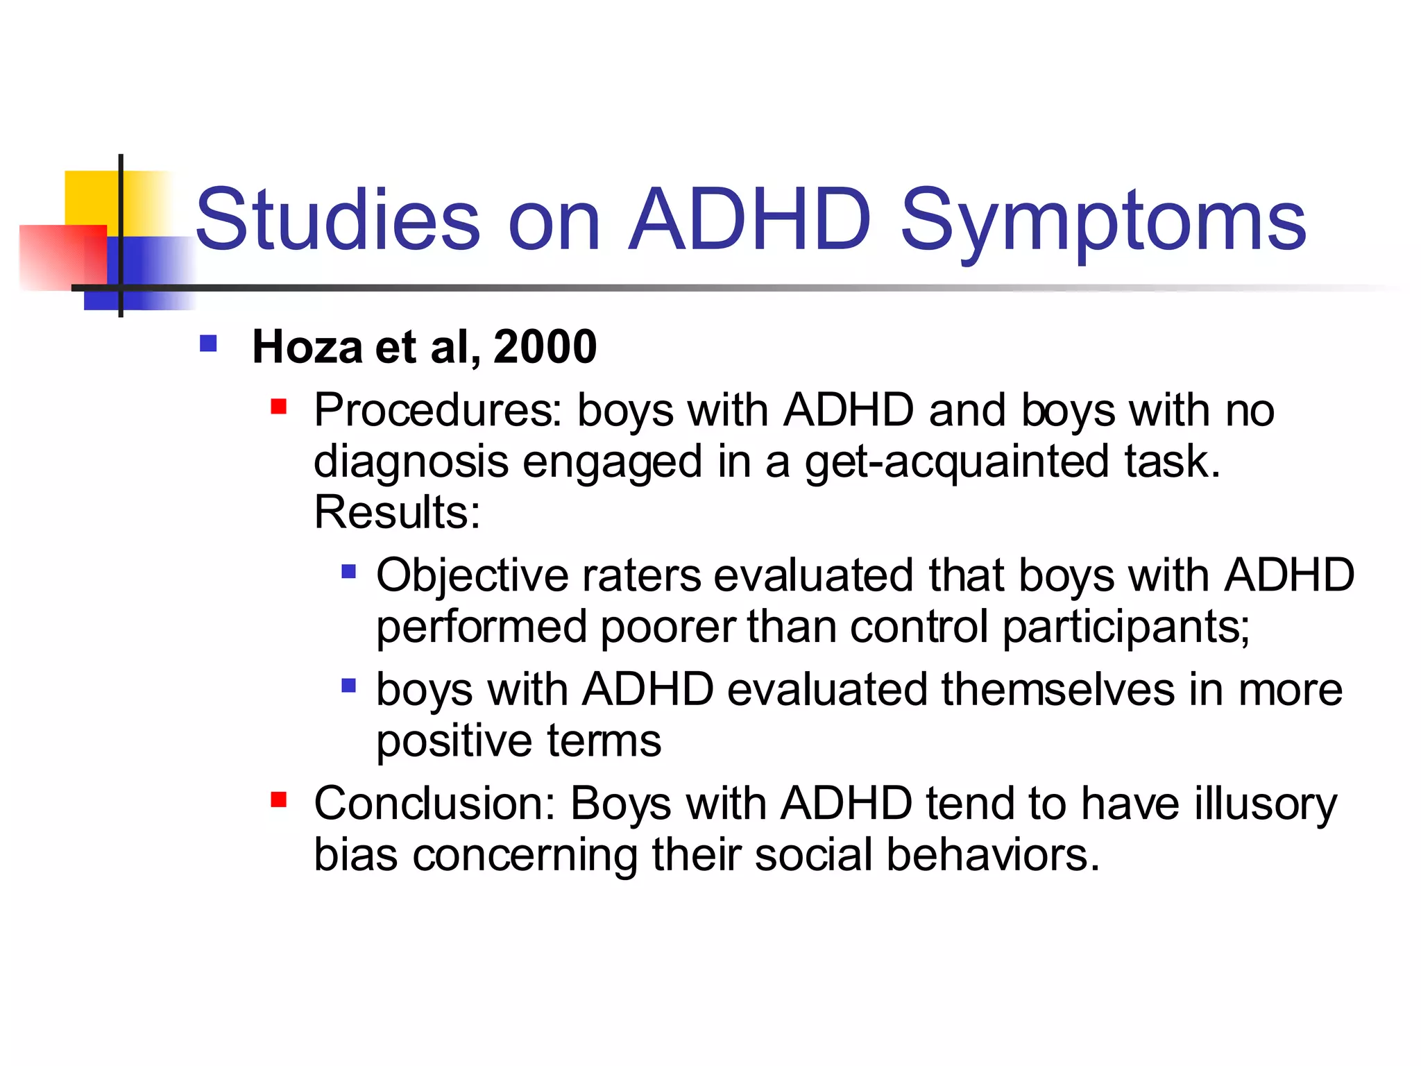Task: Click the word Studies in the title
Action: point(338,221)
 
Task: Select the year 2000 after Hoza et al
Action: point(545,346)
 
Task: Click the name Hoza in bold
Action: point(307,346)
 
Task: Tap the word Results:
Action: point(397,512)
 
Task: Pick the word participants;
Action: point(1125,628)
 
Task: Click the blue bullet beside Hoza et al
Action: point(208,344)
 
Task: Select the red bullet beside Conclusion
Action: point(279,800)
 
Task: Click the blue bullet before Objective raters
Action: point(349,572)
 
